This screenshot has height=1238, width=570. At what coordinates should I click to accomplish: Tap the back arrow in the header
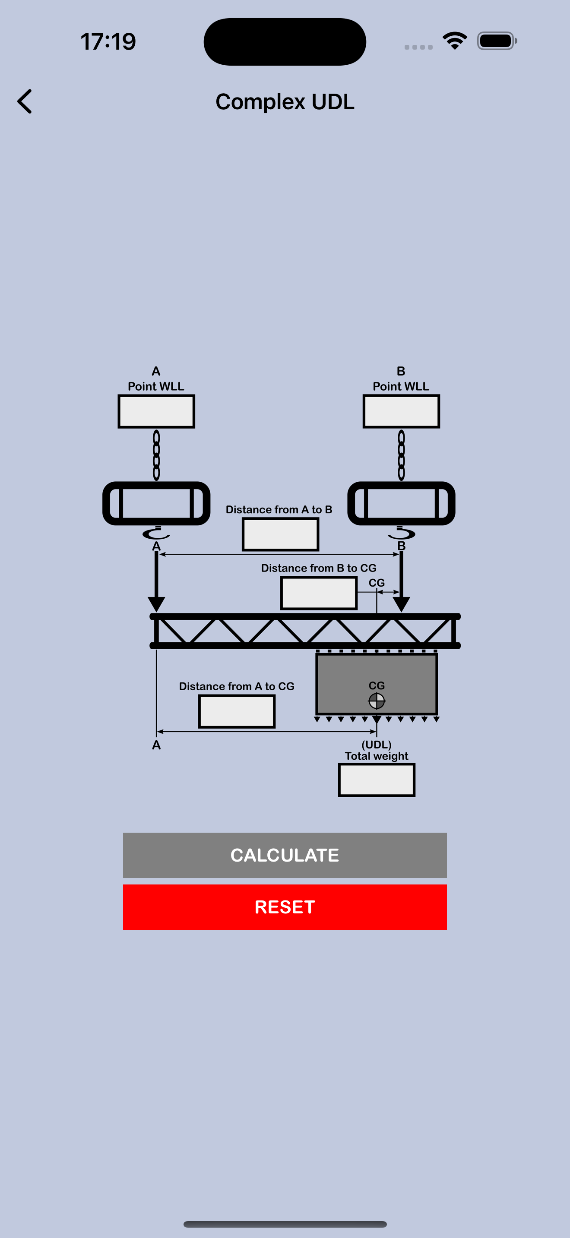click(25, 101)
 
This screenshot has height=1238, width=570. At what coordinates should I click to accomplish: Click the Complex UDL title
click(285, 102)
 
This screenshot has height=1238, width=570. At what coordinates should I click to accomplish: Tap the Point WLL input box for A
click(156, 411)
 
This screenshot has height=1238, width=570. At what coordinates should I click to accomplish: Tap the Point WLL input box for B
click(401, 411)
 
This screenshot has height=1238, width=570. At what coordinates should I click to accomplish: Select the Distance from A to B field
click(280, 534)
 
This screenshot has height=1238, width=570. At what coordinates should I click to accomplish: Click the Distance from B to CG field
click(319, 593)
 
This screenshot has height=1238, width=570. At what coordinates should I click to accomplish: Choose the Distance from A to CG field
click(237, 711)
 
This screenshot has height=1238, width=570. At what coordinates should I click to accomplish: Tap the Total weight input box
click(377, 780)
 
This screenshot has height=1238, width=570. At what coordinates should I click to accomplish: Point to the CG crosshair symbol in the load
click(377, 701)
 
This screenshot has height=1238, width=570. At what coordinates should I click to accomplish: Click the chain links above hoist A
click(156, 455)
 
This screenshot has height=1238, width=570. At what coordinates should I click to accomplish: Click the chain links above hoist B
click(401, 455)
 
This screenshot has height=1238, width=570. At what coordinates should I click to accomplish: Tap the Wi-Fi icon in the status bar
click(455, 41)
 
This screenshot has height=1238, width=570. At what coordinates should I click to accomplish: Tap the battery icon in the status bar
click(497, 41)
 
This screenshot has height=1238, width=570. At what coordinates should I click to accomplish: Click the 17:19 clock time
click(108, 41)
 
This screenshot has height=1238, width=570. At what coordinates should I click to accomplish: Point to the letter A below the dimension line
click(156, 745)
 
